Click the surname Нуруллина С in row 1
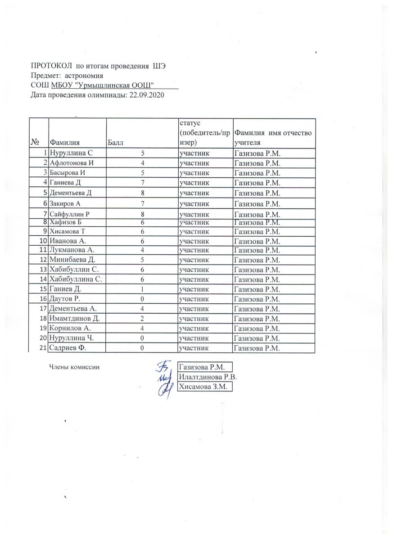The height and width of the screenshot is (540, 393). (x=71, y=153)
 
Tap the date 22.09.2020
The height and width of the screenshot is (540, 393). (x=145, y=95)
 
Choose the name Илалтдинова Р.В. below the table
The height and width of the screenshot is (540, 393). (x=208, y=377)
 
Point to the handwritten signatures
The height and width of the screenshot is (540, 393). (x=165, y=378)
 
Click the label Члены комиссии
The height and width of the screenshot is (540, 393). (x=74, y=367)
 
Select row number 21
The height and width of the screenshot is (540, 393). (x=44, y=348)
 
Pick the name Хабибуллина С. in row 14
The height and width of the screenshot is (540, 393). (x=77, y=279)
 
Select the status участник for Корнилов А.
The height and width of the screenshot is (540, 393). (x=194, y=328)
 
